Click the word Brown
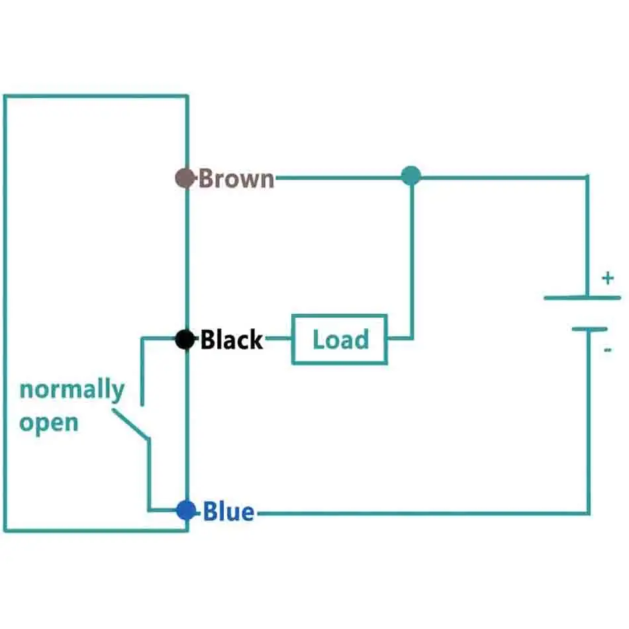(236, 179)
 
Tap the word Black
(232, 340)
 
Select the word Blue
(228, 512)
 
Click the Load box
(340, 340)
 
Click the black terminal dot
(185, 340)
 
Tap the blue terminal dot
(186, 510)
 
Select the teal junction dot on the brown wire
(411, 175)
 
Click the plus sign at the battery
(607, 279)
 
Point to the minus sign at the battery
(608, 349)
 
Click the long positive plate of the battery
(582, 298)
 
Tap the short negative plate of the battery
(589, 329)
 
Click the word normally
(72, 390)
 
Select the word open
(48, 422)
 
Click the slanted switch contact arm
(130, 423)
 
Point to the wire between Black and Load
(278, 340)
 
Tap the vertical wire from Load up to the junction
(412, 265)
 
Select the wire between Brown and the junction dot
(338, 177)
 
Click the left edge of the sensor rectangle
(5, 311)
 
